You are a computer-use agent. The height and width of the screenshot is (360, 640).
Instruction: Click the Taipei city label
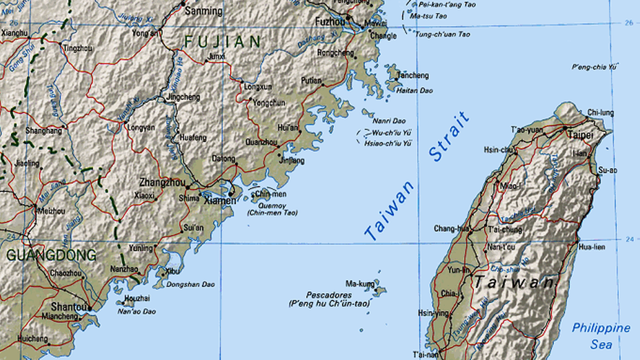580,135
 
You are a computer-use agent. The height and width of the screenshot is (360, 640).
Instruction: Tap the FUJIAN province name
222,41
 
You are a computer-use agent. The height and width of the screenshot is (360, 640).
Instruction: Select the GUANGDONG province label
51,255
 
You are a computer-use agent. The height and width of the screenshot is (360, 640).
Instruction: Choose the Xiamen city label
219,201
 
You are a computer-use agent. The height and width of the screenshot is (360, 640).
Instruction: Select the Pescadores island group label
329,295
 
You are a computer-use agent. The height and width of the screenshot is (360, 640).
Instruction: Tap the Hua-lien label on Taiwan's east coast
593,247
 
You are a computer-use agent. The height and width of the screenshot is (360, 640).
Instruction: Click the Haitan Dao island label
414,91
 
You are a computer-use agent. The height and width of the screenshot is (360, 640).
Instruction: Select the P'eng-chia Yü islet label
594,67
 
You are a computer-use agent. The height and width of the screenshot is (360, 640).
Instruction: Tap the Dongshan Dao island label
190,284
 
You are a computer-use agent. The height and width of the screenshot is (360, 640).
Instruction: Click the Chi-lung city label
600,113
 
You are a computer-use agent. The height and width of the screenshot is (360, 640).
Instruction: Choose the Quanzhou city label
261,142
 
